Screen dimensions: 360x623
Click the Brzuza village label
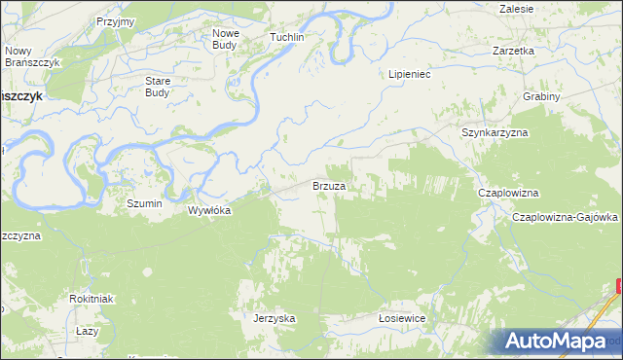[329, 185]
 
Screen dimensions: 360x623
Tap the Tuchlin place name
[287, 37]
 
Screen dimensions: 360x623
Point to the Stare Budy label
[158, 87]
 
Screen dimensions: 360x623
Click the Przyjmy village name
[116, 20]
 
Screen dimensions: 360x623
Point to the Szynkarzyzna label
[494, 131]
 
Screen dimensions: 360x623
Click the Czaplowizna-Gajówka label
[566, 217]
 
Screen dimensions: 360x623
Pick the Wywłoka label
[209, 209]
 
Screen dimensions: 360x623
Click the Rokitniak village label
[92, 298]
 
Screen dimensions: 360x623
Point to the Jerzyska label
[274, 318]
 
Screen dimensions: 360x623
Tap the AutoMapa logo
[559, 342]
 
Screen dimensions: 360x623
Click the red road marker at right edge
[619, 285]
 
